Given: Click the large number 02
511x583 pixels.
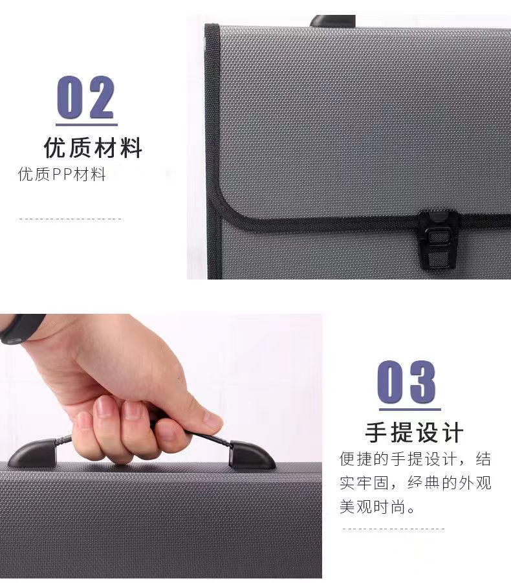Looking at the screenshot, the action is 85,98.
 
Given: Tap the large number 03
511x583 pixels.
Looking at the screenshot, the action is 407,382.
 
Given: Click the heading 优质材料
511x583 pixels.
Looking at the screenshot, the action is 93,148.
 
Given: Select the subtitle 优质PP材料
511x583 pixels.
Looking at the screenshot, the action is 61,174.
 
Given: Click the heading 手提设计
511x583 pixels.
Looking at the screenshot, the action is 415,432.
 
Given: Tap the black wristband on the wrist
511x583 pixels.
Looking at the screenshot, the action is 21,327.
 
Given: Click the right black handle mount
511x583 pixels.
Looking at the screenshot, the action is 251,454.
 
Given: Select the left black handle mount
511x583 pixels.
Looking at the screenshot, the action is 33,453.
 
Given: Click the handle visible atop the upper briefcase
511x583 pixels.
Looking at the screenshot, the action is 332,21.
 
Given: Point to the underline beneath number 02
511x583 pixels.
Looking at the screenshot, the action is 87,124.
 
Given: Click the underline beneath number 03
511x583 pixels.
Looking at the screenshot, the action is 410,409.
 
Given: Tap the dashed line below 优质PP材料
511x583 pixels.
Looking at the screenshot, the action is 71,219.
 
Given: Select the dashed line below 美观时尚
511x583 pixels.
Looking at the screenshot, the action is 393,529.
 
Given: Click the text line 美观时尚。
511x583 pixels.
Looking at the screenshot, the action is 377,507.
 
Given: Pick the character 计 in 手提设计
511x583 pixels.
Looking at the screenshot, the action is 453,432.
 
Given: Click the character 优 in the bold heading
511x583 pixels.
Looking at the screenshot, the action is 55,148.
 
